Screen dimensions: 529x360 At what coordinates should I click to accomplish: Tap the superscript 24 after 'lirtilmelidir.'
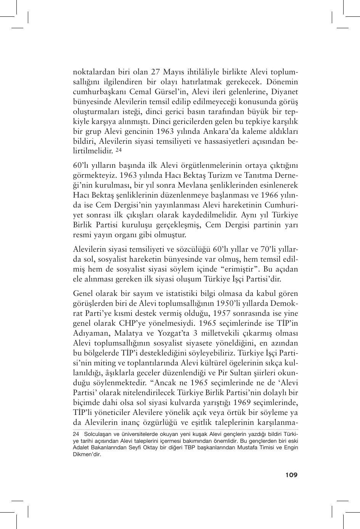pyautogui.click(x=118, y=150)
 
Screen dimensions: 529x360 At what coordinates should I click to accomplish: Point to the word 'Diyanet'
pyautogui.click(x=284, y=92)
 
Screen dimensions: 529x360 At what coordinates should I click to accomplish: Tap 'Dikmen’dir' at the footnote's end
pyautogui.click(x=86, y=454)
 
